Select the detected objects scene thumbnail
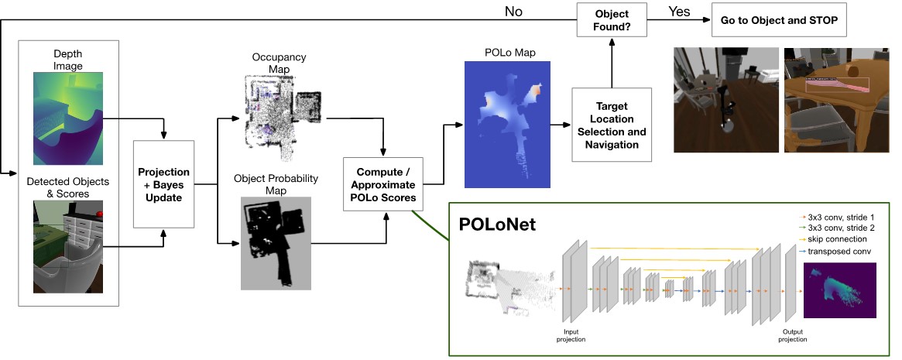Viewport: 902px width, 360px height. [x=67, y=247]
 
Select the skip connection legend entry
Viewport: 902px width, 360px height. [x=837, y=239]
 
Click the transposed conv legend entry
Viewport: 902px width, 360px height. [x=840, y=251]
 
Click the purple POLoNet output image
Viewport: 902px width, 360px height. [x=840, y=290]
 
